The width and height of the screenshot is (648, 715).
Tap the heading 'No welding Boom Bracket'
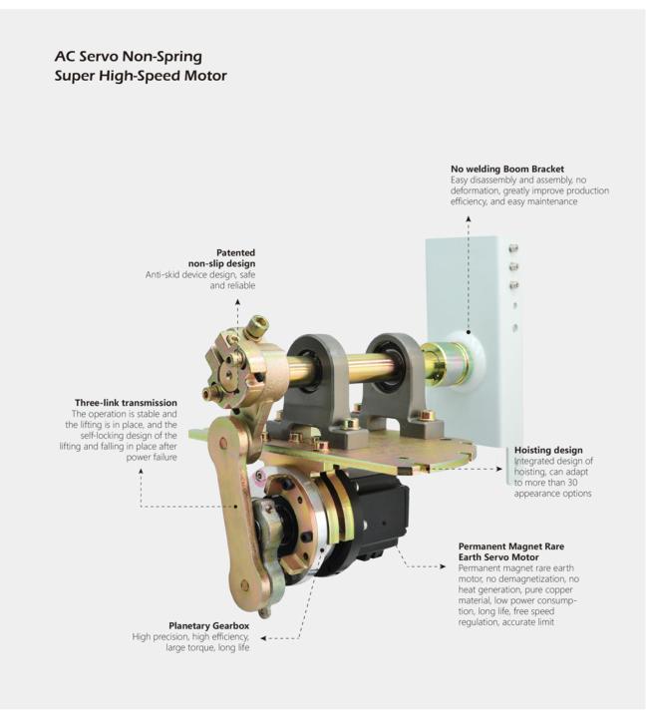coord(513,169)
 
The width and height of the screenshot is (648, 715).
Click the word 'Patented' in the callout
coord(236,252)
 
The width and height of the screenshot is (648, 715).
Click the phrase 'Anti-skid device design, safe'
coord(201,274)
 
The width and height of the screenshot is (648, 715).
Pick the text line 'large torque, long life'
coord(207,648)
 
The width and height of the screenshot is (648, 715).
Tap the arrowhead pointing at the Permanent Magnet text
coord(444,566)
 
